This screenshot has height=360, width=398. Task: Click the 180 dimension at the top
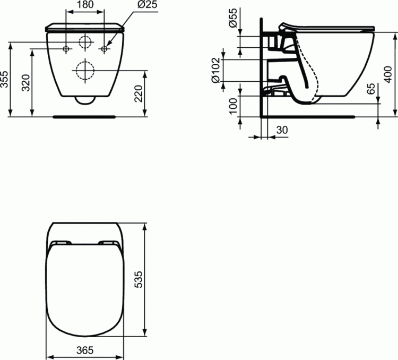click(85, 5)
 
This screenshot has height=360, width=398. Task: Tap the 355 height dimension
click(4, 80)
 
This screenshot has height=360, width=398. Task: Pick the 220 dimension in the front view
click(139, 93)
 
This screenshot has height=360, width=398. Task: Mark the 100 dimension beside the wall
click(232, 105)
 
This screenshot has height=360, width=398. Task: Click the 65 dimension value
click(371, 89)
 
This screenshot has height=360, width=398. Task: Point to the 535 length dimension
click(139, 279)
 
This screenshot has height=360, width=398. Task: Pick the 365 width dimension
click(85, 350)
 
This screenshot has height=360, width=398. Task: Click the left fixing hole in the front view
click(66, 49)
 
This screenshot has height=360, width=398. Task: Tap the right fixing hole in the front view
click(105, 49)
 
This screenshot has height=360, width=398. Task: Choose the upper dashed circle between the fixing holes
click(85, 42)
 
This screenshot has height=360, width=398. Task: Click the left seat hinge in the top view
click(59, 243)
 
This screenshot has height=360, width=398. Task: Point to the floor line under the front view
click(85, 115)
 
